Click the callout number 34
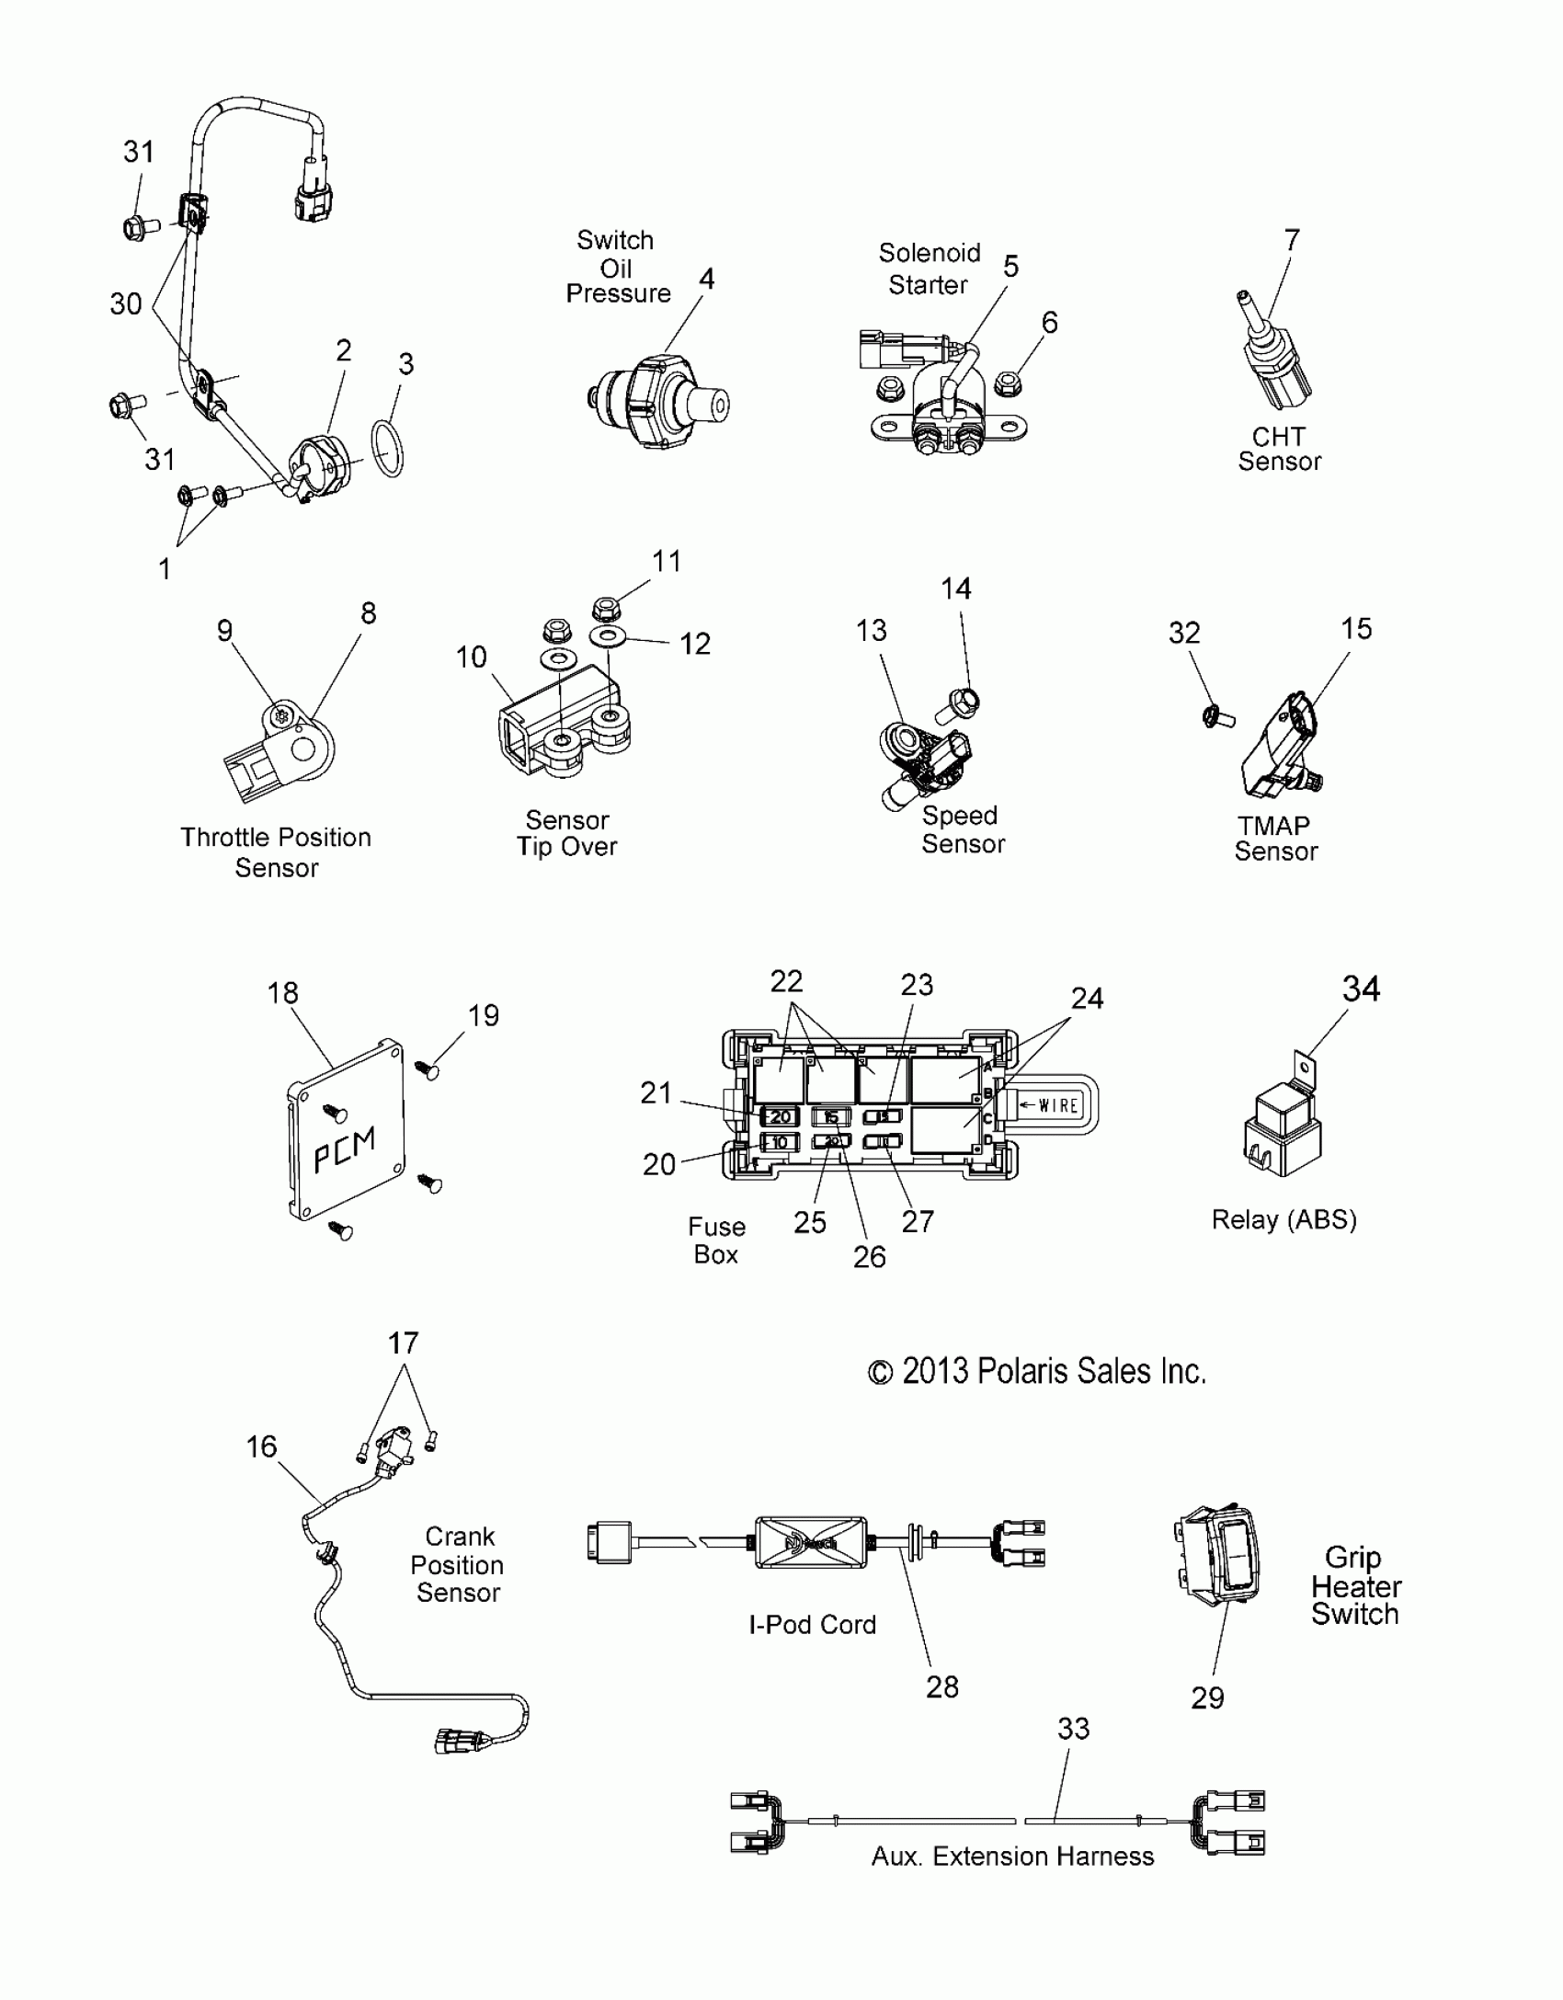(x=1361, y=989)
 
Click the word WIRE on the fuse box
(x=1057, y=1105)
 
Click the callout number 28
(x=942, y=1686)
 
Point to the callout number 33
(x=1073, y=1729)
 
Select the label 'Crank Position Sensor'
(x=458, y=1565)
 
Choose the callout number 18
(x=282, y=993)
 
